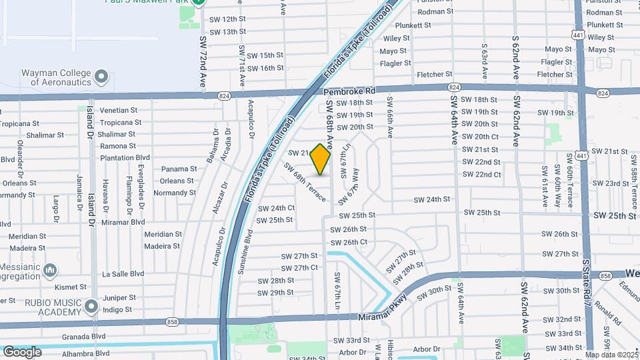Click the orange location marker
[x=321, y=159]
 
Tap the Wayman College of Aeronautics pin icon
[x=101, y=77]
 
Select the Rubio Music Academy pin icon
[x=91, y=307]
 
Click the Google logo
[x=22, y=351]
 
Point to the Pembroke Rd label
[x=350, y=91]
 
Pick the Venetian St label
[x=118, y=110]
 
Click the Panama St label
[x=179, y=169]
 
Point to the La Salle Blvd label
[x=123, y=273]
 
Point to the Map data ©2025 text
[x=612, y=354]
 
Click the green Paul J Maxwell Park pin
[x=198, y=3]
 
